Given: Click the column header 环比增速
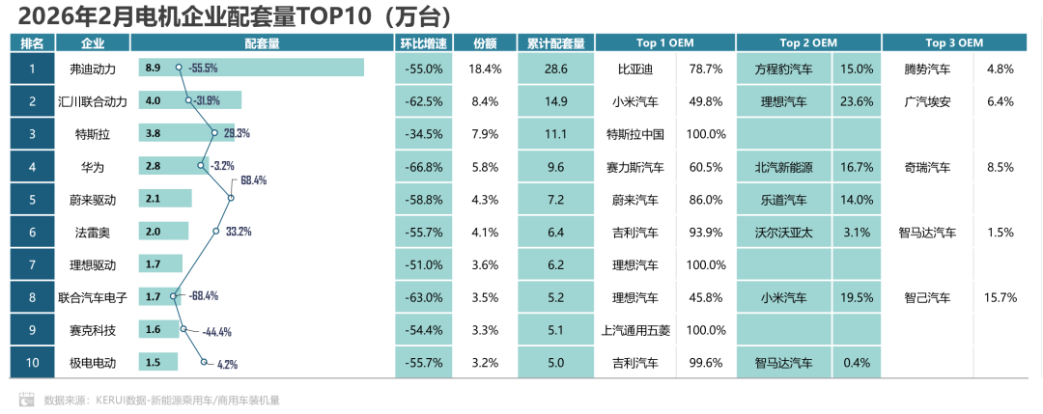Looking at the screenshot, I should point(424,42).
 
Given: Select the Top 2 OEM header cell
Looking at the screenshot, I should point(808,42).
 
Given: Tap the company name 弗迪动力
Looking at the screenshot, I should point(93,69).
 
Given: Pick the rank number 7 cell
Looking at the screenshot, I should point(32,264).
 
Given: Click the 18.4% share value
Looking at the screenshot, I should point(485,69).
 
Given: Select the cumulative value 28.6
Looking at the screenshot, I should point(555,69).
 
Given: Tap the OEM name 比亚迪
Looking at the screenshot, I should point(634,69).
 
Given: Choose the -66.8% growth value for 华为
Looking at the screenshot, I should point(424,167).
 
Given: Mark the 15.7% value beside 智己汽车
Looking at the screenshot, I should point(1000,297).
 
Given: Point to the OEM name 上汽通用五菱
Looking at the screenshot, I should point(634,330).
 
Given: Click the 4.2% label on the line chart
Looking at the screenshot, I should point(228,365).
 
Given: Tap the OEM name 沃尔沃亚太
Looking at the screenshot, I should point(783,232).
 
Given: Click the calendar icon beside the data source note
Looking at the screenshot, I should point(26,399).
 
